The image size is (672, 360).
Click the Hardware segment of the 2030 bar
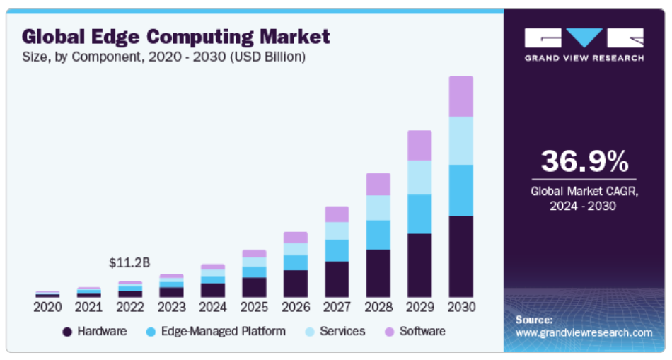point(460,256)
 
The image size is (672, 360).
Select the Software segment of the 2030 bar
point(460,96)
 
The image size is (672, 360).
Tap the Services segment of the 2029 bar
point(419,178)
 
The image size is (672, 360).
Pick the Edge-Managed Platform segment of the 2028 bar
point(378,235)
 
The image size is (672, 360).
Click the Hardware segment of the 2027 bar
point(337,279)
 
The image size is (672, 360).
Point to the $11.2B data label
point(129,262)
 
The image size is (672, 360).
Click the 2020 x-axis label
point(47,307)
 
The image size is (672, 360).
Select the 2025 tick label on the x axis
point(254,307)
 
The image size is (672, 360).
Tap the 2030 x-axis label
point(460,307)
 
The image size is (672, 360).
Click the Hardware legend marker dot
point(67,331)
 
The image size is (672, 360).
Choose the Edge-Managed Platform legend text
point(224,331)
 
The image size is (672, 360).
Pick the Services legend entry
point(342,331)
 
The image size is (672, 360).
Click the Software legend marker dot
point(389,331)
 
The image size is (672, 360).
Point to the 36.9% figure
point(584,161)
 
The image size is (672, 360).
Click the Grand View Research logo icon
point(584,38)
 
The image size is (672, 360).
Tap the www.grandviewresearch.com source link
point(584,332)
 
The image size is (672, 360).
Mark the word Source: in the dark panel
point(534,320)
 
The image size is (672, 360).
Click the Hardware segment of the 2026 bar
point(295,283)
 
